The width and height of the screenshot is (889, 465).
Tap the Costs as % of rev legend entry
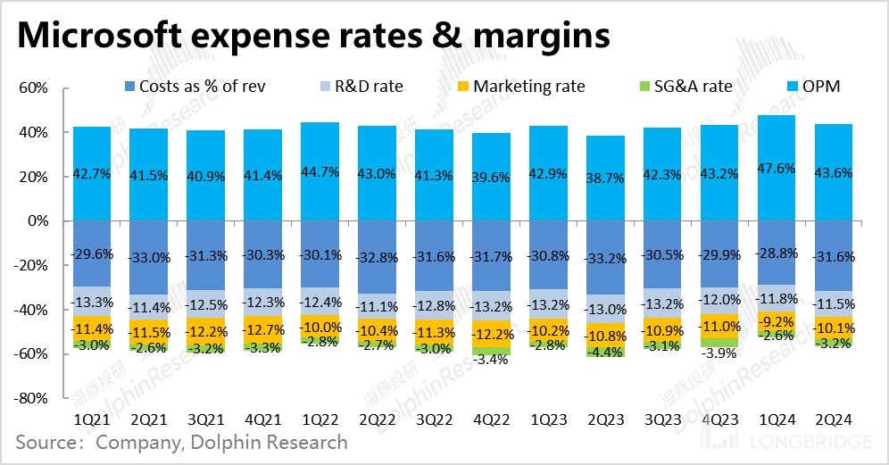[195, 87]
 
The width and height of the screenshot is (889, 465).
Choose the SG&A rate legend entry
[681, 87]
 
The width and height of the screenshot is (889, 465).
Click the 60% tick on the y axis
[32, 88]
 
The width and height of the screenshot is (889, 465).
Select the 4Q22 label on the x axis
[492, 418]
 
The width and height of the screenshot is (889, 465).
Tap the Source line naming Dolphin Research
[181, 442]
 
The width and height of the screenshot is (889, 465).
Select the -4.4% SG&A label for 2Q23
[606, 353]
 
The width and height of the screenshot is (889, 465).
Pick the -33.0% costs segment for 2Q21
[149, 257]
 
